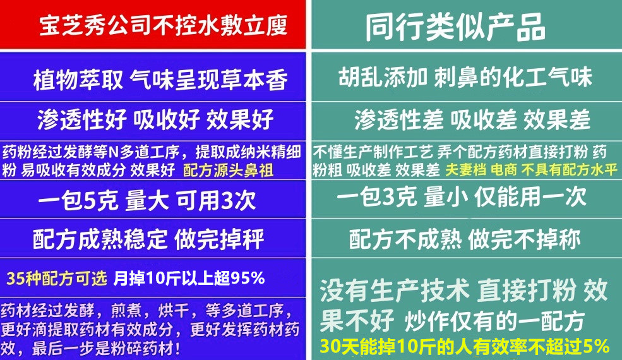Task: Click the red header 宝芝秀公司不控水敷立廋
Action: coord(162,25)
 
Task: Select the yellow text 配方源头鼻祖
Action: coord(228,171)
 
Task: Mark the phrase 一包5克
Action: coord(78,201)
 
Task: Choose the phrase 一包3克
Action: coord(377,198)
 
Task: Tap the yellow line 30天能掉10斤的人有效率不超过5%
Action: coord(464,347)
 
